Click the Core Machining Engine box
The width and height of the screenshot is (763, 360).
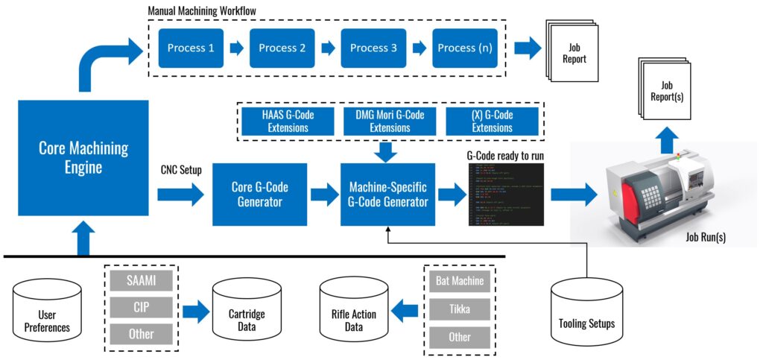pos(72,157)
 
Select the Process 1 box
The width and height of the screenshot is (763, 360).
pos(191,48)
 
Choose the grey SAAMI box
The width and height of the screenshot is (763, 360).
pos(142,281)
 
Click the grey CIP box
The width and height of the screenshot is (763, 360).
pos(142,307)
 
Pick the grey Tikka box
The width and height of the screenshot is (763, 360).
pos(460,309)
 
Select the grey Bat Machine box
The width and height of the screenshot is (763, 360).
pos(460,282)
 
